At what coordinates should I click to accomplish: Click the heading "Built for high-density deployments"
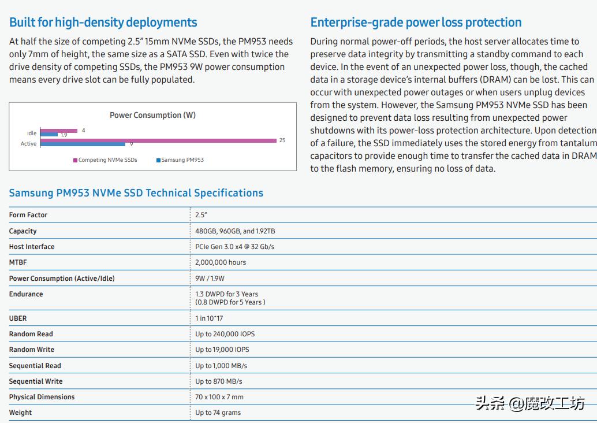103,23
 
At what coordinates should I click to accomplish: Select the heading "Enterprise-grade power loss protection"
416,23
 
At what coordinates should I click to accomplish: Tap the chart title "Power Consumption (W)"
152,115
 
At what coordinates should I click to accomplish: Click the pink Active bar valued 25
158,140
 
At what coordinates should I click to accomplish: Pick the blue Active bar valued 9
83,144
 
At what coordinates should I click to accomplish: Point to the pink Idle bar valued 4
58,131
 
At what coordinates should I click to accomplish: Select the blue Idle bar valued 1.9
49,135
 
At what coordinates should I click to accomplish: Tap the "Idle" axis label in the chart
32,133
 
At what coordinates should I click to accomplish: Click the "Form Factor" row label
28,215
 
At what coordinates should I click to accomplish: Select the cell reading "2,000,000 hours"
221,262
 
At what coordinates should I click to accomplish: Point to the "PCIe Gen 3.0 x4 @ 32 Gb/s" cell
234,247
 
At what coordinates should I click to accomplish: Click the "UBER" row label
18,318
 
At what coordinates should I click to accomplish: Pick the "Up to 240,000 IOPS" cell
225,334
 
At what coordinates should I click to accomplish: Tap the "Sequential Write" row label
36,381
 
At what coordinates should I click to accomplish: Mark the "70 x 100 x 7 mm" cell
219,397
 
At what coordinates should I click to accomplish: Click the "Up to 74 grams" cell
218,413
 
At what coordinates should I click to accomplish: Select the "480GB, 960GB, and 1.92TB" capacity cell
235,231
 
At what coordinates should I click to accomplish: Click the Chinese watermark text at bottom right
529,403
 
